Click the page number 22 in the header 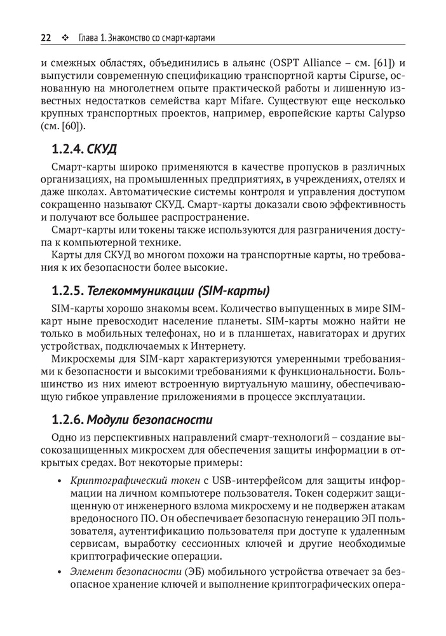46,38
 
